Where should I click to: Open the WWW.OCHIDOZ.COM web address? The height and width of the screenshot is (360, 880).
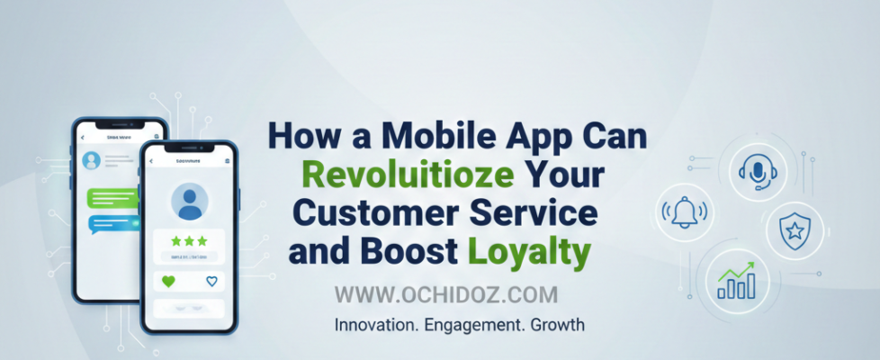point(446,294)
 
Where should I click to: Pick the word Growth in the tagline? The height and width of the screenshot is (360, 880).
point(556,324)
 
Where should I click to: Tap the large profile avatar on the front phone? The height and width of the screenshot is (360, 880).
point(189,202)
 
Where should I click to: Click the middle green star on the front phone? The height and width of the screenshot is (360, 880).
point(189,241)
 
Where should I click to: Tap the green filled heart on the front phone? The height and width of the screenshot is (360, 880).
point(166,282)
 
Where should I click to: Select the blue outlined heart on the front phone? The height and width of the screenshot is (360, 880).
point(212,282)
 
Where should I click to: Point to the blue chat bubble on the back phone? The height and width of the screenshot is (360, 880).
point(112,223)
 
